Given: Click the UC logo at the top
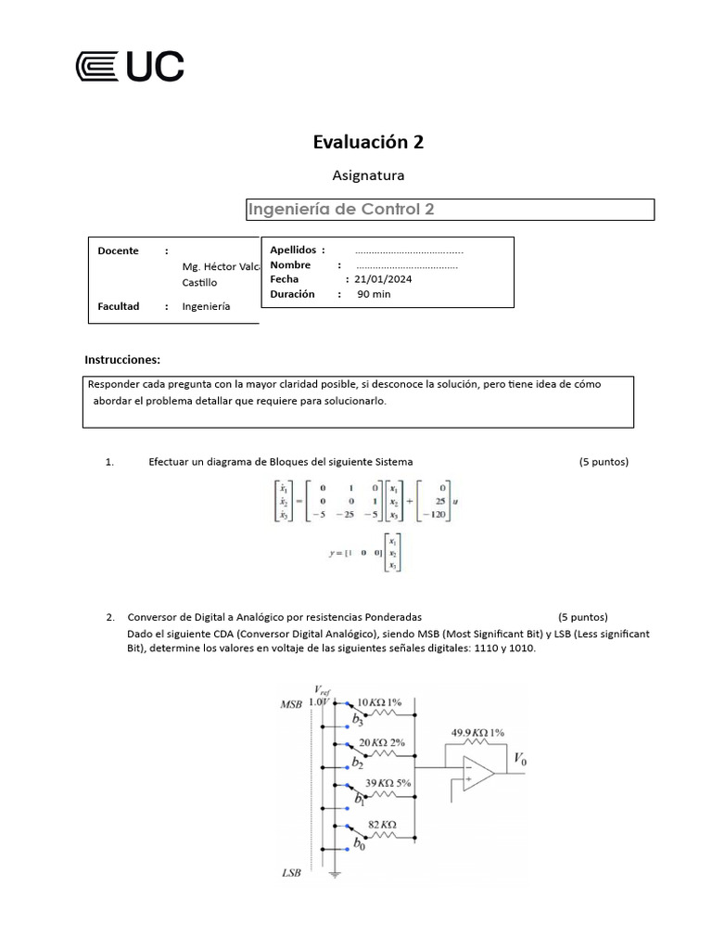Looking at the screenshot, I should point(129,67).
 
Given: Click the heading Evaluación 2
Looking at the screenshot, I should point(368,141).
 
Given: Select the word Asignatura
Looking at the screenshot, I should point(368,174).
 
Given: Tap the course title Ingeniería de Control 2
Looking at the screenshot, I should point(341,210).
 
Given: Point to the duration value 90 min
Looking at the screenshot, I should point(374,294).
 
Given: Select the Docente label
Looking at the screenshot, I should point(118,250).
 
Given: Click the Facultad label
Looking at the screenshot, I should point(118,306).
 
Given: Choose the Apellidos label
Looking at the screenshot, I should point(293,250).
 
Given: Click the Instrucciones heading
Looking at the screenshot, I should point(122,359).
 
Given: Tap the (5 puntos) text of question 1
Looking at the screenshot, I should point(604,461).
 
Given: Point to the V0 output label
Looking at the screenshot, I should point(522,759).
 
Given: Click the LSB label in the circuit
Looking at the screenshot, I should point(291,873).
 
